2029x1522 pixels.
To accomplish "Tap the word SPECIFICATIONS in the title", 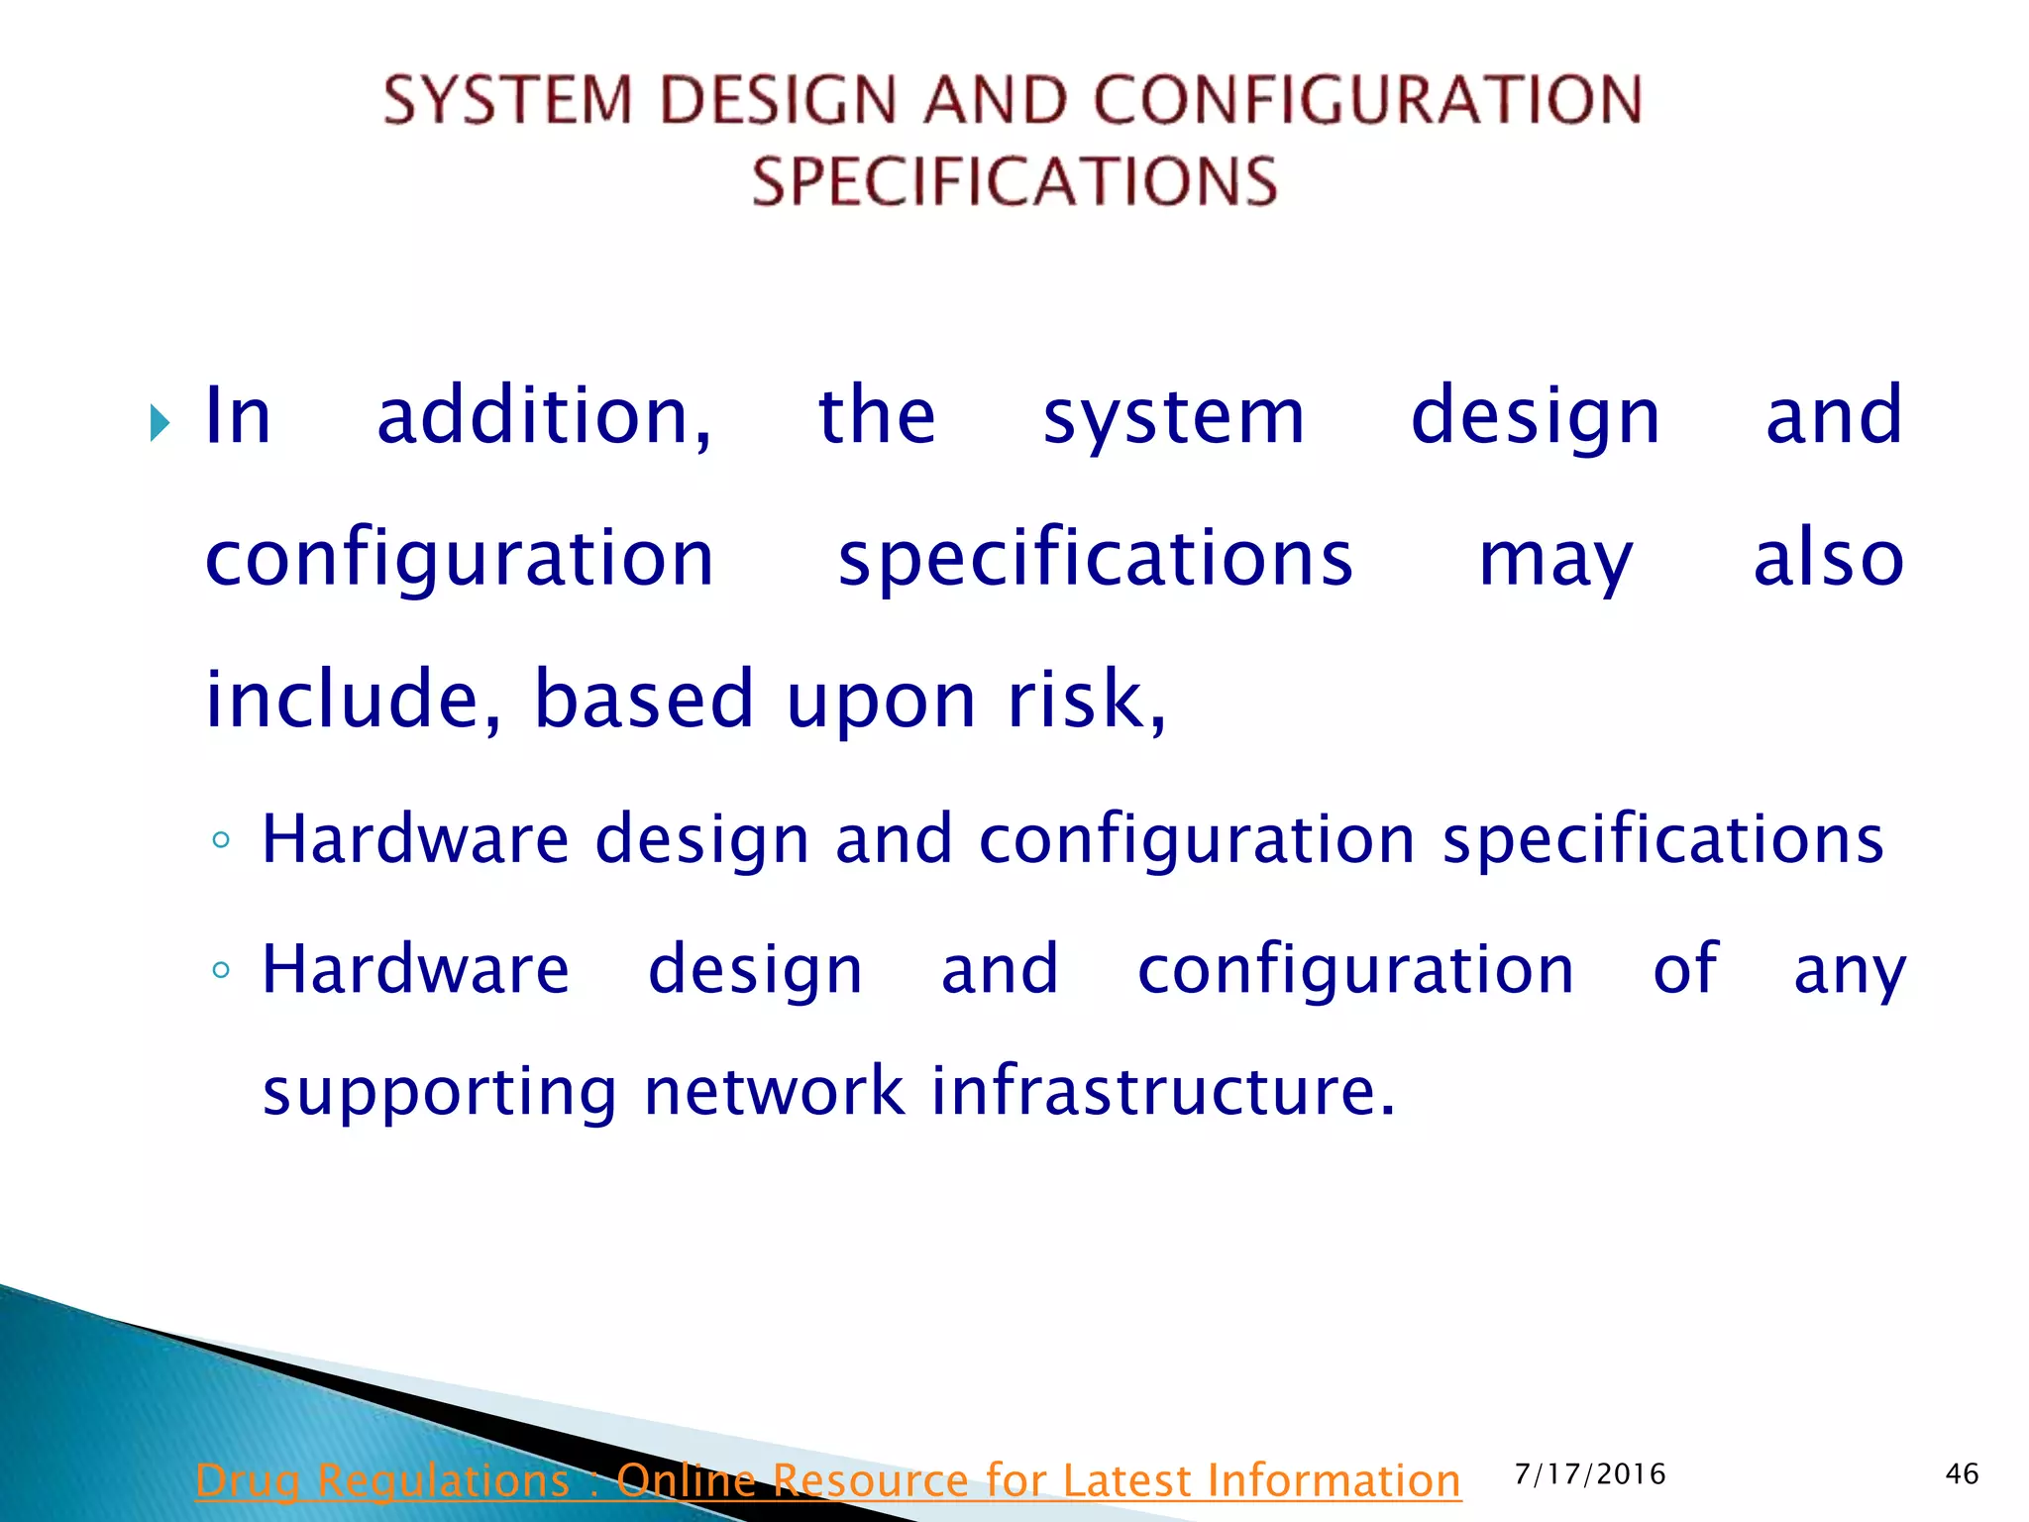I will tap(1014, 181).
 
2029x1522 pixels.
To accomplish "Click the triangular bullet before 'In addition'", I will tap(160, 423).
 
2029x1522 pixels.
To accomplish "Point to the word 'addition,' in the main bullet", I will tap(544, 416).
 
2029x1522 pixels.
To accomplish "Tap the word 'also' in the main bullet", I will tap(1828, 558).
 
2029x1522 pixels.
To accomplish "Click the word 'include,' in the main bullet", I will tap(353, 699).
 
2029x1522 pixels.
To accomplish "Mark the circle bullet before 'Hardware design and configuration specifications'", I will tap(221, 841).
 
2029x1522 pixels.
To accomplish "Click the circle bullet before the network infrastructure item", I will tap(221, 970).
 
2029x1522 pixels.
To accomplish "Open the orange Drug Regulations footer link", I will tap(828, 1480).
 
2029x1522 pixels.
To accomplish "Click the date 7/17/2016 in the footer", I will tap(1590, 1474).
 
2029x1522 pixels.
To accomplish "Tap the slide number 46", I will tap(1962, 1474).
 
